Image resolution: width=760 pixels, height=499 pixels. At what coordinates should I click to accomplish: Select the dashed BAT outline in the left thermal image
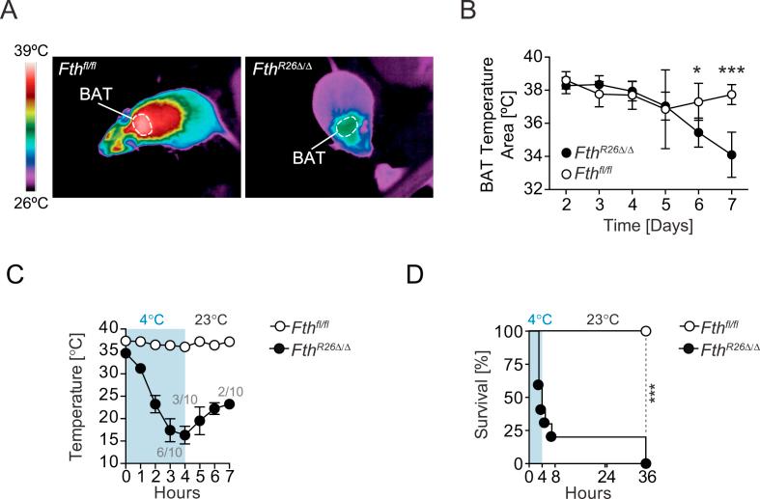[142, 123]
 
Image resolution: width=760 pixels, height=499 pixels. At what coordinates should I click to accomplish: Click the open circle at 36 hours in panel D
[645, 331]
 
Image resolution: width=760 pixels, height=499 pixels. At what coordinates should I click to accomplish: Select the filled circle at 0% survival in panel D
[645, 463]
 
